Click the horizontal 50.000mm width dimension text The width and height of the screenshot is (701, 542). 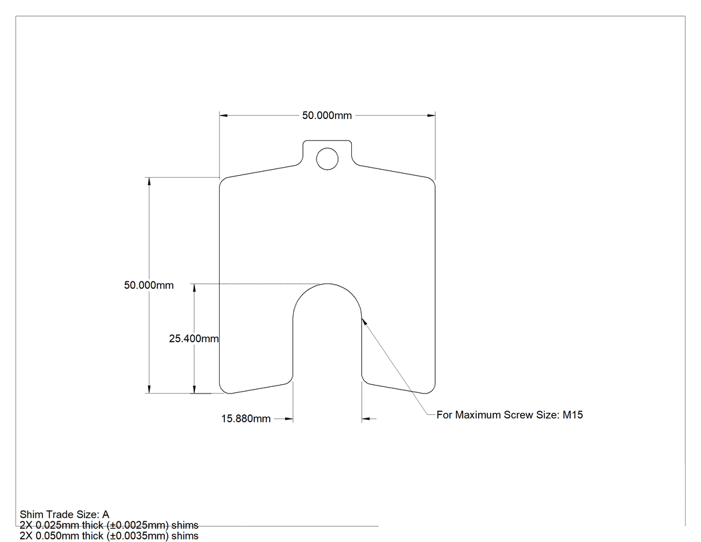[x=327, y=116]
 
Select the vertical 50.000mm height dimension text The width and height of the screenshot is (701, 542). [x=149, y=285]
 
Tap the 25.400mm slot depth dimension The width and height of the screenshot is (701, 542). [x=194, y=338]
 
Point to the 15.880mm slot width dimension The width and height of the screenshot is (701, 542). [x=246, y=418]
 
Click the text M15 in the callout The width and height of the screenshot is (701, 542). [x=573, y=415]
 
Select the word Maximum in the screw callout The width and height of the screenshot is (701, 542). [x=479, y=415]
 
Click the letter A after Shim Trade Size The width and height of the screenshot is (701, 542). [x=105, y=515]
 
